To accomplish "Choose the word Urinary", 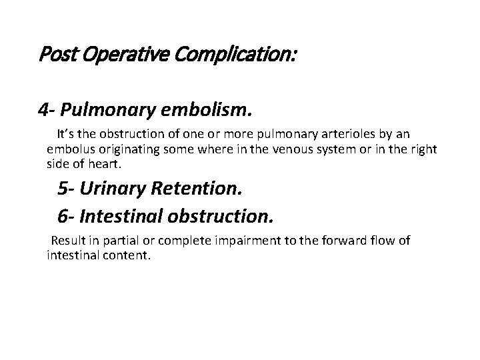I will (112, 189).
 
